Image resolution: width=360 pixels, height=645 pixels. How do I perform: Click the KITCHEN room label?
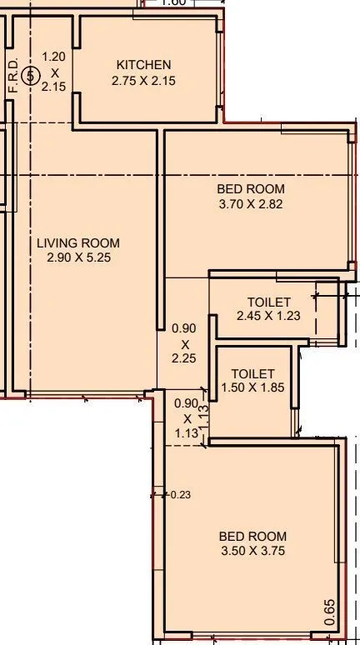tap(143, 65)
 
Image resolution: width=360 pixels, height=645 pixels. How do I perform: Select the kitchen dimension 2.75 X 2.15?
tap(143, 81)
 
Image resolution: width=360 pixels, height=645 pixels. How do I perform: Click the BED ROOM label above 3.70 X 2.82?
tap(251, 188)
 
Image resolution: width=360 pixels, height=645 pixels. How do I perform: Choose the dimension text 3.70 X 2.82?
tap(251, 203)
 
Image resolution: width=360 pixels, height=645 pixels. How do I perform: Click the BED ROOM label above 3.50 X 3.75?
tap(252, 537)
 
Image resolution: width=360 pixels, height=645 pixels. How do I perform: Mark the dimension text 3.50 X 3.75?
tap(252, 552)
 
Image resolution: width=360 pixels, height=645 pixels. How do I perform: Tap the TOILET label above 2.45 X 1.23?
tap(268, 302)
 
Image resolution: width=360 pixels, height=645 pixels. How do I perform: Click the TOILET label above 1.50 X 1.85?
tap(252, 374)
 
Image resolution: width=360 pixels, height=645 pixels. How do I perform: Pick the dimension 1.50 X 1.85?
tap(252, 387)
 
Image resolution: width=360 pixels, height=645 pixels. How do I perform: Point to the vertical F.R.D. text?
tap(12, 75)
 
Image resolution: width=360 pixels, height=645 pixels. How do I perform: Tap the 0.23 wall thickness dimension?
tap(179, 495)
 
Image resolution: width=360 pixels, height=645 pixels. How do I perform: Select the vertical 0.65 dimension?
tap(331, 612)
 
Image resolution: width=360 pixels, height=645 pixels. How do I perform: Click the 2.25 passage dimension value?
tap(184, 358)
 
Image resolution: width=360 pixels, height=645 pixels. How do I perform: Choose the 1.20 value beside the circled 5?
tap(53, 57)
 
